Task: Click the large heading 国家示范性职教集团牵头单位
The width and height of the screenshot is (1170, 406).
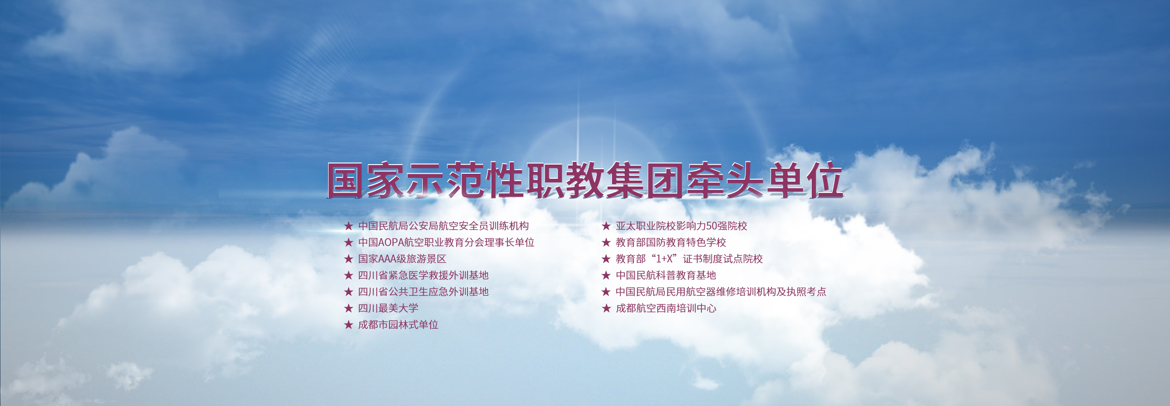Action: (585, 181)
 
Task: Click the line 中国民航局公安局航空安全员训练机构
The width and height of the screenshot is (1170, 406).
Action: (443, 226)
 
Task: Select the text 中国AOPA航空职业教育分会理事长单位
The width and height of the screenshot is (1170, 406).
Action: (446, 242)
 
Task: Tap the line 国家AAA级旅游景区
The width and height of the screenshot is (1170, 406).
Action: (402, 259)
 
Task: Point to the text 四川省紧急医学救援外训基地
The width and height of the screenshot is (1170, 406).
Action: (423, 275)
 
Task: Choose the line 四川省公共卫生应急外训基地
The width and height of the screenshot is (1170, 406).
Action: (423, 292)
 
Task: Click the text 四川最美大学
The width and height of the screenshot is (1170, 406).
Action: (388, 308)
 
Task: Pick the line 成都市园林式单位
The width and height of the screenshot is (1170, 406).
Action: (398, 325)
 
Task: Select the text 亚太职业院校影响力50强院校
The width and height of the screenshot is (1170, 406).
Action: (681, 226)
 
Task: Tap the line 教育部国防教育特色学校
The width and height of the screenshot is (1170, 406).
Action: (671, 242)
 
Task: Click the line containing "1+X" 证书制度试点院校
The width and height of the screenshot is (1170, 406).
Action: (689, 259)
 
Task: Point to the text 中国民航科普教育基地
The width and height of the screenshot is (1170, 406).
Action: (666, 275)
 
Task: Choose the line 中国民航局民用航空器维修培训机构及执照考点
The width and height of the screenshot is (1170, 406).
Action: (721, 292)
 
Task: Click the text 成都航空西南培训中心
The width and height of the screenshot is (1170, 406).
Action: (666, 308)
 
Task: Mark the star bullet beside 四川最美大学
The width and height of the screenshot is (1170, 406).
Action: (349, 308)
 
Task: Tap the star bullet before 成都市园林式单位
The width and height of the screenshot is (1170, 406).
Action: (349, 325)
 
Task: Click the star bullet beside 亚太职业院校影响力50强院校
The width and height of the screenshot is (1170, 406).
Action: (606, 226)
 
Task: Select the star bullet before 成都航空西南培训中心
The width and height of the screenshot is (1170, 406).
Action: (606, 308)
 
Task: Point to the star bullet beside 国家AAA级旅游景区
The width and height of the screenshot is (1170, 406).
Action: (349, 259)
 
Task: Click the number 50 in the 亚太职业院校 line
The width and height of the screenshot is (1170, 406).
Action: (712, 226)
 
